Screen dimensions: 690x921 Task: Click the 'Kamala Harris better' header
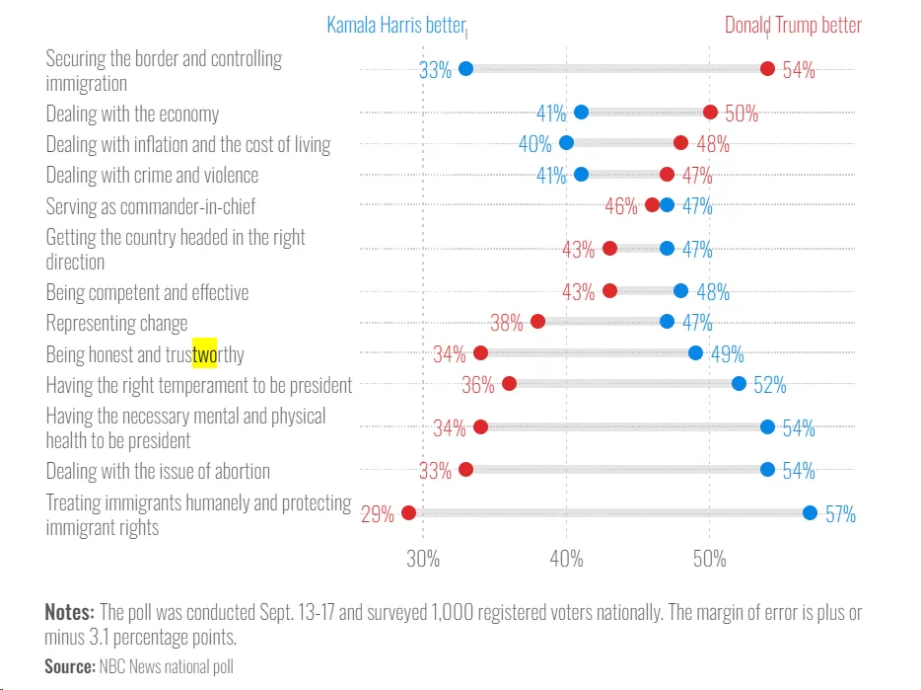(x=395, y=26)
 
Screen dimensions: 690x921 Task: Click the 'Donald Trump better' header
(x=793, y=26)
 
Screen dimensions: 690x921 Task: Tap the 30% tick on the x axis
(x=423, y=558)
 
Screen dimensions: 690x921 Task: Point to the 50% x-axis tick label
(x=710, y=558)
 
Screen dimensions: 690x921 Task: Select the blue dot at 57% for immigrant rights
(x=810, y=512)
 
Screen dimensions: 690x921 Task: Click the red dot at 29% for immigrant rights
(x=409, y=512)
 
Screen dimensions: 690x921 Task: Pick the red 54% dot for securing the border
(x=767, y=68)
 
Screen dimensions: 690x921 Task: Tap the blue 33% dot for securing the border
(x=465, y=68)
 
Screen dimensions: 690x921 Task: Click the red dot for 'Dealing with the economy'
(x=710, y=112)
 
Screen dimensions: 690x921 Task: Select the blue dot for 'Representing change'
(x=667, y=321)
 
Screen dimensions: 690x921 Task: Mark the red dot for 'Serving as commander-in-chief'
(x=652, y=204)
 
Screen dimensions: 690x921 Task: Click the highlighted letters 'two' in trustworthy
(x=204, y=353)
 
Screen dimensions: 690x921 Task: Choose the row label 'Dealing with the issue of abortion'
(x=158, y=471)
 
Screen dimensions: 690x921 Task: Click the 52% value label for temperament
(x=770, y=385)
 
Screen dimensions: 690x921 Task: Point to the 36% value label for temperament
(x=478, y=385)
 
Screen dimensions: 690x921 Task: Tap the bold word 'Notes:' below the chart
(x=70, y=612)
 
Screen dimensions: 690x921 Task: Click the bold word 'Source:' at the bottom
(x=70, y=666)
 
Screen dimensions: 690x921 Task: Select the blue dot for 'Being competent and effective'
(x=680, y=290)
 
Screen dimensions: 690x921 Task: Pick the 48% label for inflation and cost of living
(x=714, y=144)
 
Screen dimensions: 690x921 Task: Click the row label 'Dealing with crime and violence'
(x=152, y=175)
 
